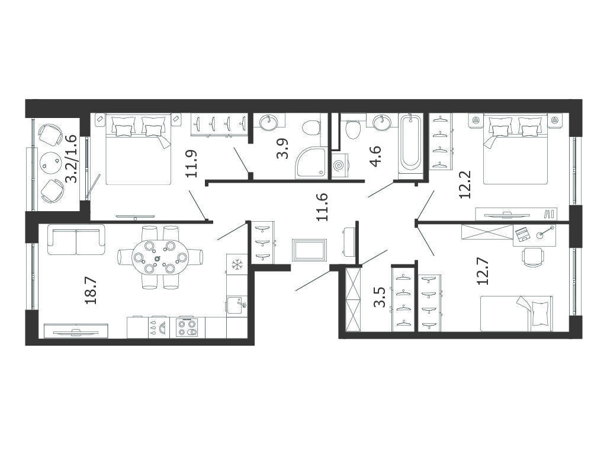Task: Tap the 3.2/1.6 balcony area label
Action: tap(70, 159)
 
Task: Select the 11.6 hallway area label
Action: tap(322, 207)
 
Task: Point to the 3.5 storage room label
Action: tap(379, 297)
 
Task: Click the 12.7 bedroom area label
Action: tap(483, 272)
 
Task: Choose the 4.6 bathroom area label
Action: tap(375, 156)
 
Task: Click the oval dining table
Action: tap(160, 257)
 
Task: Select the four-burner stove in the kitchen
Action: tap(187, 327)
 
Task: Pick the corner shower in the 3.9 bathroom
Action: tap(311, 162)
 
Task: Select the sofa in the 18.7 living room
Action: tap(76, 239)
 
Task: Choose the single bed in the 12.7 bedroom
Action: tap(516, 313)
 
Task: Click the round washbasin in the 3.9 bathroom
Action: tap(268, 123)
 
